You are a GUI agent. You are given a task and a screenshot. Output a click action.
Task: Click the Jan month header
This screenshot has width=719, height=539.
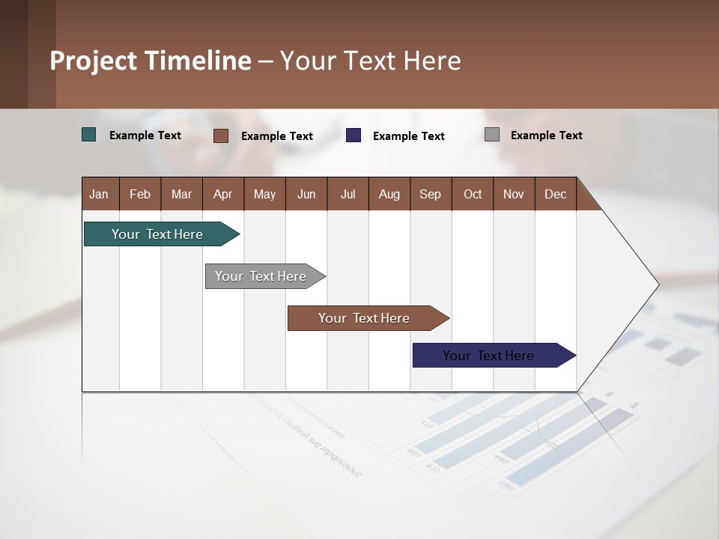point(99,194)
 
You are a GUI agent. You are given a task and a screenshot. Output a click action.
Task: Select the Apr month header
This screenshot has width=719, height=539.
point(222,194)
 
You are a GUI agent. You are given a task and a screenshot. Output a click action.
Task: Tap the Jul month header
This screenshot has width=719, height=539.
point(348,194)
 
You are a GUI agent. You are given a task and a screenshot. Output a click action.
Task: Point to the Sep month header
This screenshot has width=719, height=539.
point(430,194)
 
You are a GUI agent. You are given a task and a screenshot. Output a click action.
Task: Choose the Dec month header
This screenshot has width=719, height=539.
point(555,194)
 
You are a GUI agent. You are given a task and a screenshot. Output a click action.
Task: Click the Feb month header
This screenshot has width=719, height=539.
point(140,194)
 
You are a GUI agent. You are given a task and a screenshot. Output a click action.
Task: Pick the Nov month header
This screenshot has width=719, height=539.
point(513,194)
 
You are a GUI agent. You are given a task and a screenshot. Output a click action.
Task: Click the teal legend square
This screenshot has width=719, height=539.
point(89,135)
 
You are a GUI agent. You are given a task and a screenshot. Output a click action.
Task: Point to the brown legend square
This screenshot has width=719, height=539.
point(221,135)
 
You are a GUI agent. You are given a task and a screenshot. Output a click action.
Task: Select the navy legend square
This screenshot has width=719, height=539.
point(354,135)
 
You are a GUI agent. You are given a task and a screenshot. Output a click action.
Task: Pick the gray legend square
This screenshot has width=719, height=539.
point(492,135)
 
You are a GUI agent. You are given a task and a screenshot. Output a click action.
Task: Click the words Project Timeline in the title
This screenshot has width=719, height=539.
point(150,61)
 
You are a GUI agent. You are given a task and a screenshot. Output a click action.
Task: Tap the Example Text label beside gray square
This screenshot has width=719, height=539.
point(546,135)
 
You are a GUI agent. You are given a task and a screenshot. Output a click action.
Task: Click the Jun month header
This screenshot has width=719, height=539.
point(306,194)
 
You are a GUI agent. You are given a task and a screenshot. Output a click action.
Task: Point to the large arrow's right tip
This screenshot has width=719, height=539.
point(657,284)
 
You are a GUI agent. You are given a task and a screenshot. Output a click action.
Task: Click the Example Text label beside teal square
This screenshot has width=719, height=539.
point(145,135)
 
